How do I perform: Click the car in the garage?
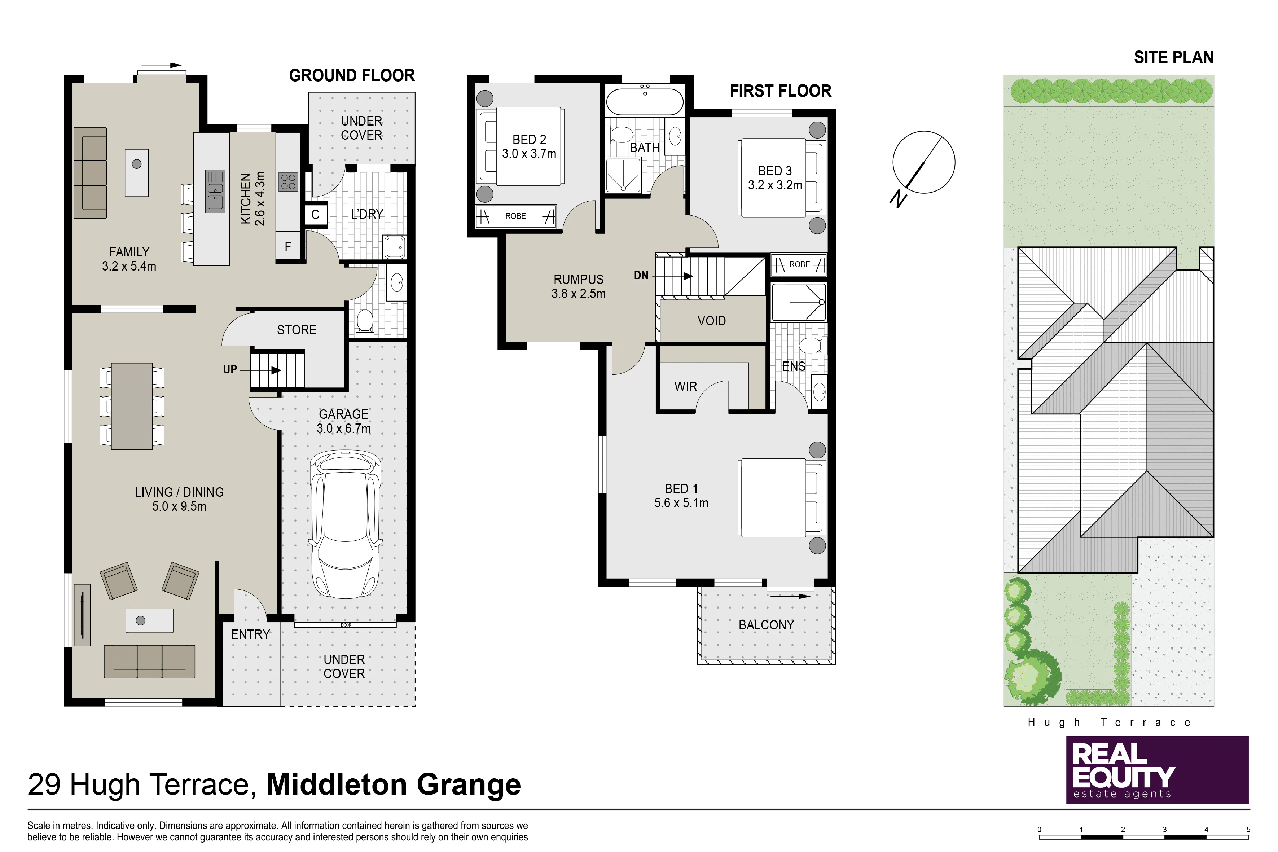click(x=346, y=524)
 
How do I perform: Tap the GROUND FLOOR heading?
click(x=352, y=75)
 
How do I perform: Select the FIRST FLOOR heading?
click(x=780, y=91)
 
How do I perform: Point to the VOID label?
click(x=711, y=321)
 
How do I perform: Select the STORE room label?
click(x=297, y=330)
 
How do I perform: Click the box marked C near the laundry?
click(x=315, y=214)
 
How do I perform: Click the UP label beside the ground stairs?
click(x=230, y=369)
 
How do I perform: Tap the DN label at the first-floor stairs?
click(x=641, y=276)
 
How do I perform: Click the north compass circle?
click(x=924, y=162)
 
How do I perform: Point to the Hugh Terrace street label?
click(x=1109, y=723)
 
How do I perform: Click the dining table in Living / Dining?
click(x=132, y=407)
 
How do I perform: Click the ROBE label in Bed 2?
click(x=516, y=216)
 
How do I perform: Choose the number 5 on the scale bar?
click(x=1248, y=830)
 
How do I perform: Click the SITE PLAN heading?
click(x=1174, y=58)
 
